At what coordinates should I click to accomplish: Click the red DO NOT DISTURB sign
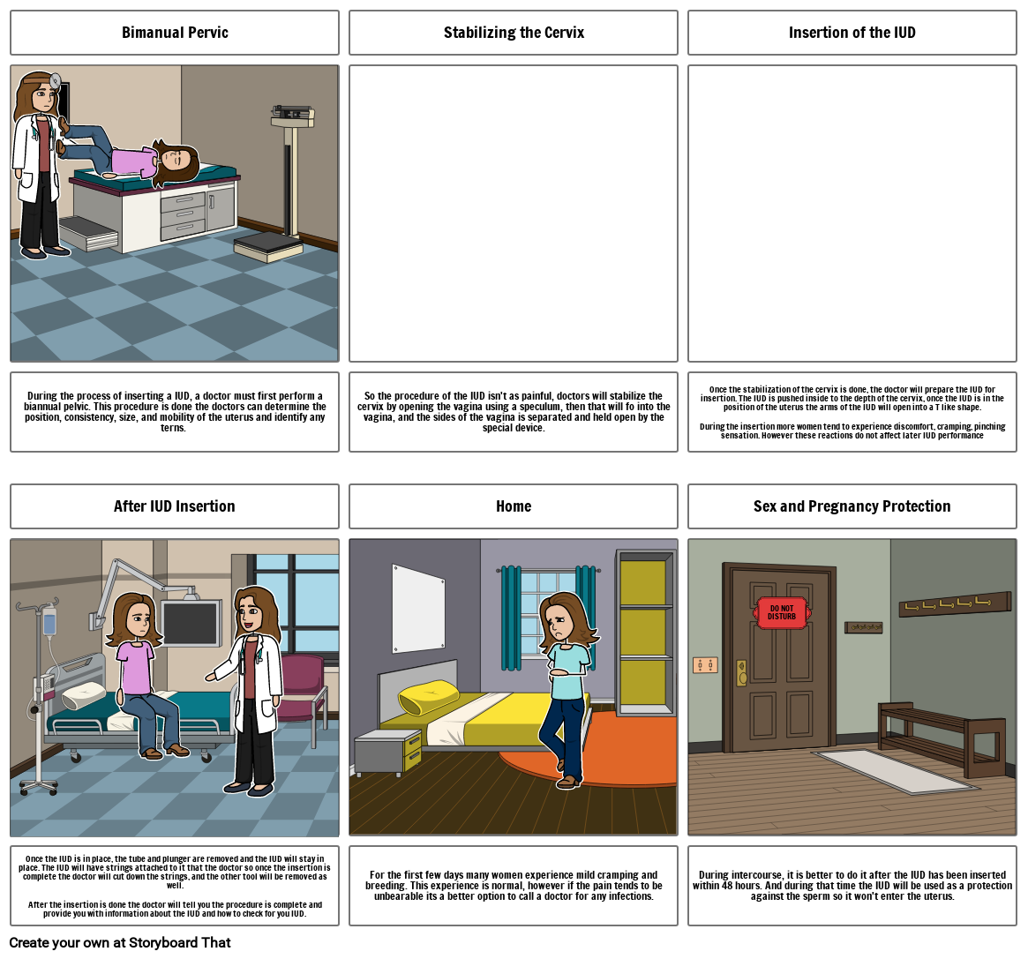[782, 613]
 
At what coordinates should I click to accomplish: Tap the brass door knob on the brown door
[742, 672]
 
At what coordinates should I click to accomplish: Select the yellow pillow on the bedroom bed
[430, 698]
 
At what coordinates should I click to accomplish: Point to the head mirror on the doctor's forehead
[55, 80]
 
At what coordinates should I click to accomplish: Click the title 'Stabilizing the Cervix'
[514, 33]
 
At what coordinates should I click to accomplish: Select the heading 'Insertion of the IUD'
[852, 33]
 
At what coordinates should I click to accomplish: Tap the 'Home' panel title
[514, 506]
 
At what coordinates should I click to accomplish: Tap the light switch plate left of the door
[705, 665]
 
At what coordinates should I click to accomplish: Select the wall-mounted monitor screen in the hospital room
[190, 623]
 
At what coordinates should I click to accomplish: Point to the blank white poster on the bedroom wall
[418, 608]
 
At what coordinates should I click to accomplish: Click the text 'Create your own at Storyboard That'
[120, 942]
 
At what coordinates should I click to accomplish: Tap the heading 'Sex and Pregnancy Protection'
[852, 506]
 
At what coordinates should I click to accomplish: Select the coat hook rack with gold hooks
[955, 603]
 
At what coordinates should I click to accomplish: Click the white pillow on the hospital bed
[83, 695]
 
